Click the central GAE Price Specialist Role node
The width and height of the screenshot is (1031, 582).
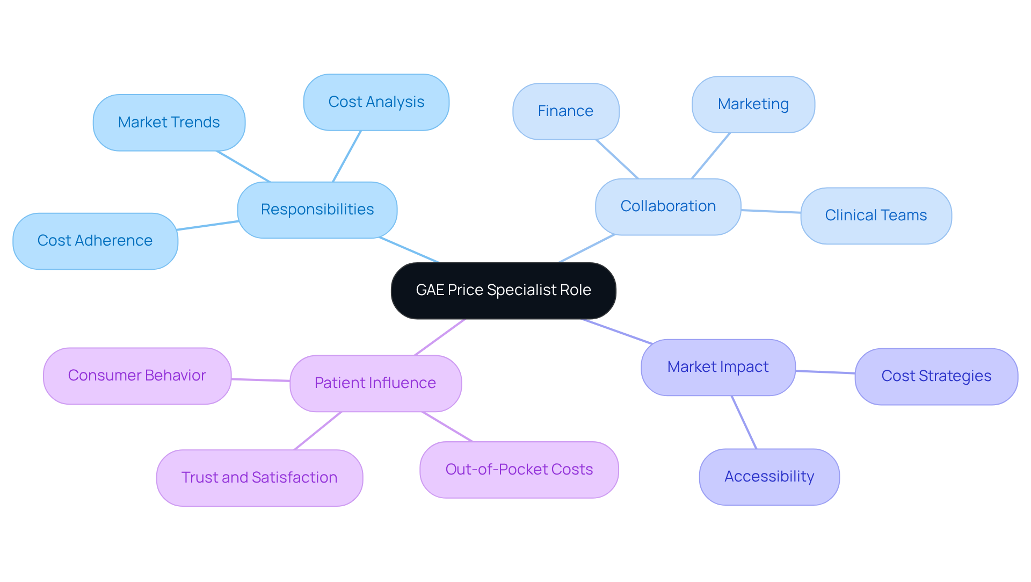click(x=503, y=290)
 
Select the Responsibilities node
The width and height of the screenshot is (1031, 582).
click(x=317, y=210)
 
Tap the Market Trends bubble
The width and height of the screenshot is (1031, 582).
click(x=169, y=123)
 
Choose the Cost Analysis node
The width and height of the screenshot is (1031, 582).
click(x=376, y=102)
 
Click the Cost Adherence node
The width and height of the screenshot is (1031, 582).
click(x=95, y=241)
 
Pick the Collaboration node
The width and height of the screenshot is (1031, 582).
click(x=668, y=206)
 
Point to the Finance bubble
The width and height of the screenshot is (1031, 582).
click(x=565, y=111)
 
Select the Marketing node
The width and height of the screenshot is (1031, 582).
click(x=753, y=104)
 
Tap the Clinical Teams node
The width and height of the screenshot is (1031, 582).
click(x=876, y=215)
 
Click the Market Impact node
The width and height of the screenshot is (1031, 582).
click(x=718, y=367)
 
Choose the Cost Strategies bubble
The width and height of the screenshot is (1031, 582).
click(x=936, y=376)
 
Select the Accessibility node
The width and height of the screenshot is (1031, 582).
click(x=769, y=477)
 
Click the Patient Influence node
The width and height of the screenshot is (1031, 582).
click(x=375, y=383)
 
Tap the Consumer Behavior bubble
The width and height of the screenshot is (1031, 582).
click(x=137, y=376)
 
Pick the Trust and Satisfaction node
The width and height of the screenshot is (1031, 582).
click(x=259, y=478)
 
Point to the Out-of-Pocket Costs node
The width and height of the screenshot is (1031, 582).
click(x=519, y=470)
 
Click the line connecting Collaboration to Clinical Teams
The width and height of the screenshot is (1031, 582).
click(x=771, y=211)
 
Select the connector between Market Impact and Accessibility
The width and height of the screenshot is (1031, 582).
click(x=744, y=422)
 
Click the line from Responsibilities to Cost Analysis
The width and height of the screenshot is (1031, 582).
click(x=347, y=156)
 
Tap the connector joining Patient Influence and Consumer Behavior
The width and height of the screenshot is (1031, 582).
click(x=260, y=380)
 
